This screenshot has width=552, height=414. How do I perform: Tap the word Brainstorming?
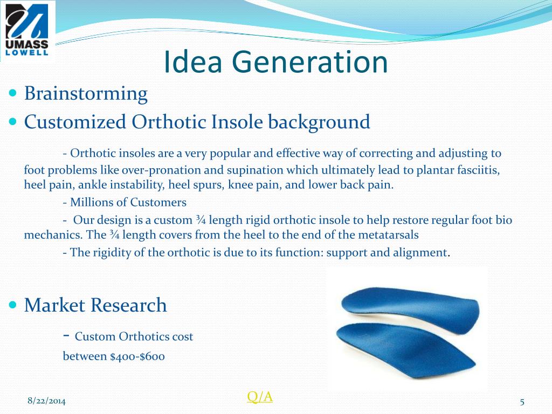tap(86, 94)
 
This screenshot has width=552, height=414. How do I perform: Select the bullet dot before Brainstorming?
tap(13, 93)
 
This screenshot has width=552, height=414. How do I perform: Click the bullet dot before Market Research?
tap(13, 305)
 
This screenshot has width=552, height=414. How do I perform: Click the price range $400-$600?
tap(137, 356)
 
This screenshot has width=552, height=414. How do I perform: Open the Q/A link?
tap(260, 397)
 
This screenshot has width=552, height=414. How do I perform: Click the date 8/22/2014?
tap(46, 401)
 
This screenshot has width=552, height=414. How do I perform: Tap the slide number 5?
tap(522, 402)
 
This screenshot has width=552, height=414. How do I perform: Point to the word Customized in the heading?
tap(75, 122)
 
